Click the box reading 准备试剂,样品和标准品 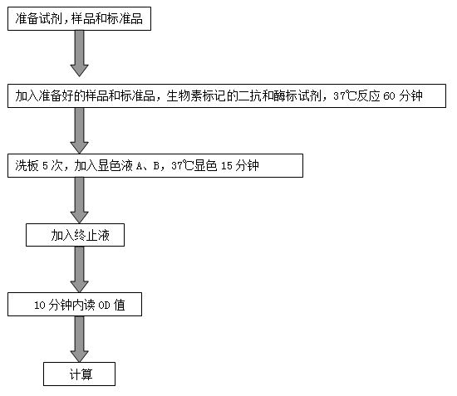pyautogui.click(x=79, y=18)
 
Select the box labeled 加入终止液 pyautogui.click(x=75, y=235)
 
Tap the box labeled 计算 pyautogui.click(x=79, y=374)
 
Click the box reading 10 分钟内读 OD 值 pyautogui.click(x=75, y=305)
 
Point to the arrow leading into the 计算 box pyautogui.click(x=79, y=340)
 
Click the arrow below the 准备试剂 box pyautogui.click(x=79, y=54)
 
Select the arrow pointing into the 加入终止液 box pyautogui.click(x=79, y=200)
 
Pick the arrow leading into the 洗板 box pyautogui.click(x=79, y=130)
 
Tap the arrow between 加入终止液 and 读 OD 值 pyautogui.click(x=79, y=270)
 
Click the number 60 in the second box pyautogui.click(x=389, y=96)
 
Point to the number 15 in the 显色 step pyautogui.click(x=227, y=166)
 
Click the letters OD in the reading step pyautogui.click(x=104, y=306)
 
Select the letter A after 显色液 pyautogui.click(x=140, y=166)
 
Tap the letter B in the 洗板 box pyautogui.click(x=156, y=166)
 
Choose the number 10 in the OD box pyautogui.click(x=40, y=306)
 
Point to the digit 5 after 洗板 pyautogui.click(x=45, y=166)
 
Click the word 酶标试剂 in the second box pyautogui.click(x=297, y=95)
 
